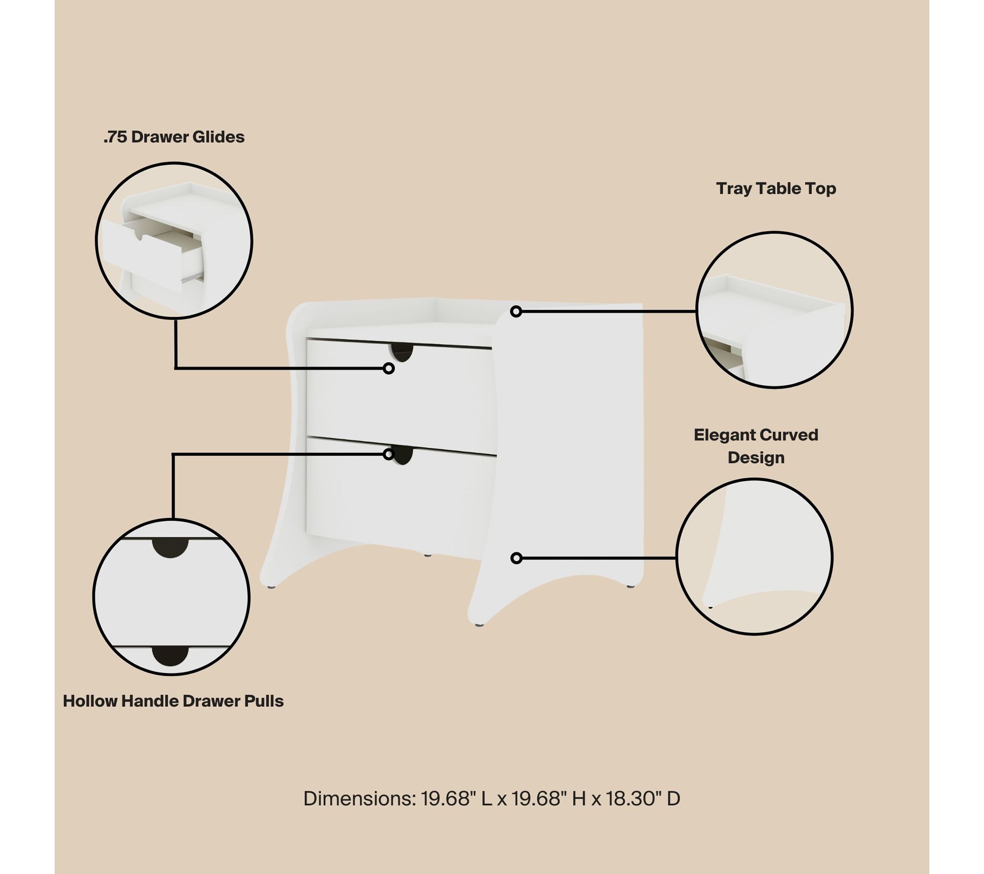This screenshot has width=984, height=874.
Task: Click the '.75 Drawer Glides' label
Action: [174, 137]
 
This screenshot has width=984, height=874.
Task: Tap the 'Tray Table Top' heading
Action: [776, 188]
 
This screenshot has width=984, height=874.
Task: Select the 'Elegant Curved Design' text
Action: [756, 446]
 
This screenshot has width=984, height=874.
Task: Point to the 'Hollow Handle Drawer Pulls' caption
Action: [173, 701]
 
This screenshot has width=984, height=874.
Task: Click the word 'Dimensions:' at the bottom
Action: [359, 799]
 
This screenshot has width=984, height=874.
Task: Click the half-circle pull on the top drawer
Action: [402, 352]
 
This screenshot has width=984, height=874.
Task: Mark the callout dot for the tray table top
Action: [516, 311]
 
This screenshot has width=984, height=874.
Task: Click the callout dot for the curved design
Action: [516, 558]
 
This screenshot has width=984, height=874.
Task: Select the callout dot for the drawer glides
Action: [389, 368]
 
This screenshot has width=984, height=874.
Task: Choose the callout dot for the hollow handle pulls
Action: [389, 454]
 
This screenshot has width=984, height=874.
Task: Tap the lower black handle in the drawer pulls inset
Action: [170, 656]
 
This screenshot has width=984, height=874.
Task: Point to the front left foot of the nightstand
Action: [271, 586]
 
